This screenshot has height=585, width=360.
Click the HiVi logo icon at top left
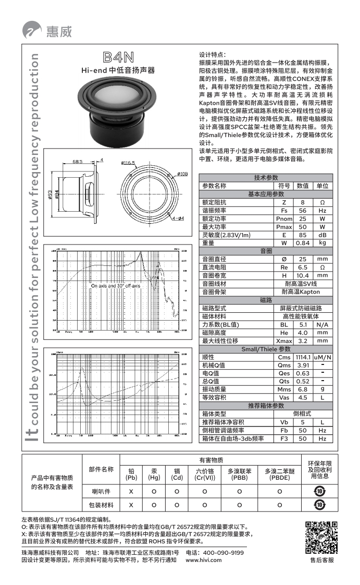point(32,30)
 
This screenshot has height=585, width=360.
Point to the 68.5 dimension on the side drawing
point(78,162)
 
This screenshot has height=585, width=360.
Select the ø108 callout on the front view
point(182,174)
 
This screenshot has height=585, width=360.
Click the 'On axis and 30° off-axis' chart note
point(115,286)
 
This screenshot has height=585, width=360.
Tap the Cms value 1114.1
point(303,357)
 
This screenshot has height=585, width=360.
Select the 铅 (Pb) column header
point(131,474)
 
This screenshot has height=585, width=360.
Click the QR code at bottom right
point(321,537)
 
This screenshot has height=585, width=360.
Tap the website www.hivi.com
point(204,560)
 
